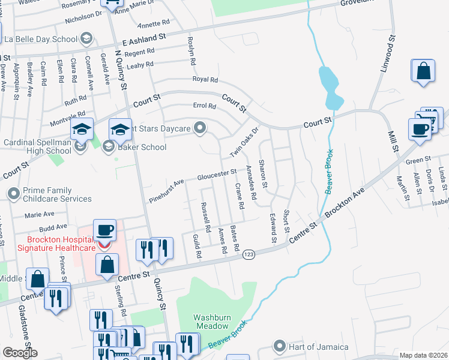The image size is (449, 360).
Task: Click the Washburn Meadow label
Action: point(211,322)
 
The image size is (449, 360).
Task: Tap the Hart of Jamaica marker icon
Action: point(279,346)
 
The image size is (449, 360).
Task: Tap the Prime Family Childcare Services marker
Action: point(13,194)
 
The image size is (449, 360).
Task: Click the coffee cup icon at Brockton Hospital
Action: point(106,230)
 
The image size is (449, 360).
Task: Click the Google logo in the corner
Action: point(20,353)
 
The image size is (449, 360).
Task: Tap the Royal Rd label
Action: point(205,79)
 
